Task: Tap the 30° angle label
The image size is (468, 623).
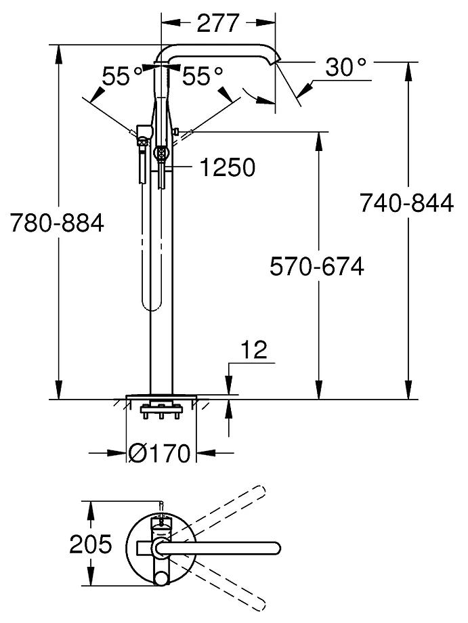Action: click(x=345, y=67)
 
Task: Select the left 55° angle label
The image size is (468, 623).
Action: click(x=123, y=76)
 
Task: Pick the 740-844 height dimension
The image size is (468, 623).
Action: click(x=406, y=202)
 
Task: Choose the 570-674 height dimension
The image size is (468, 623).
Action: click(x=316, y=267)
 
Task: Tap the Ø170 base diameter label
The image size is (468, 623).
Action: click(x=160, y=453)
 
